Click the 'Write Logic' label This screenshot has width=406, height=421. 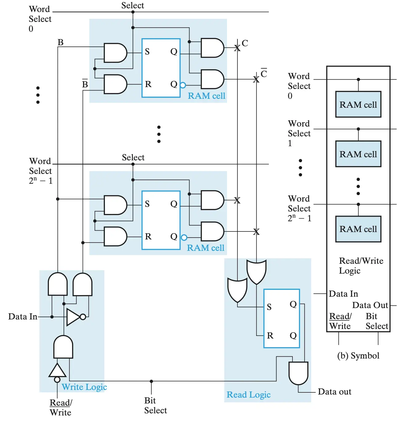84,387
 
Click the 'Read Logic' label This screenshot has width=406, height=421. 249,395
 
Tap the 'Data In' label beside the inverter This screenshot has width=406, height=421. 23,316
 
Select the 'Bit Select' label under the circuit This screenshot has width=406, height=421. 156,405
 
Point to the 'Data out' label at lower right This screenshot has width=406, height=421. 334,392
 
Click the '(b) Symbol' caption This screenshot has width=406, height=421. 358,356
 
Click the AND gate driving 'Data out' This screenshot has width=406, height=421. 298,373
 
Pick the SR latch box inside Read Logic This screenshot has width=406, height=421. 281,319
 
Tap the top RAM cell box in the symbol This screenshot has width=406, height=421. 358,105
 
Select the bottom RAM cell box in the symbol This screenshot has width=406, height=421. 358,229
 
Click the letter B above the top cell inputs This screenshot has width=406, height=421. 61,42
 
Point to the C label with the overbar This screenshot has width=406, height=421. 264,74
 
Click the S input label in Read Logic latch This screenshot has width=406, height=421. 269,307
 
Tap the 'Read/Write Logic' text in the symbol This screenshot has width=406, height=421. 361,266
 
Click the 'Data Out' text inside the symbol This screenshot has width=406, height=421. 370,305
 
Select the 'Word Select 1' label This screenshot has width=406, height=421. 299,133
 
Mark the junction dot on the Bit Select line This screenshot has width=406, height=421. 151,381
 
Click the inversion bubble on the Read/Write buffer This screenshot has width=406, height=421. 57,380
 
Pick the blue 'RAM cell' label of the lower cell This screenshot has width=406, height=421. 205,248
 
